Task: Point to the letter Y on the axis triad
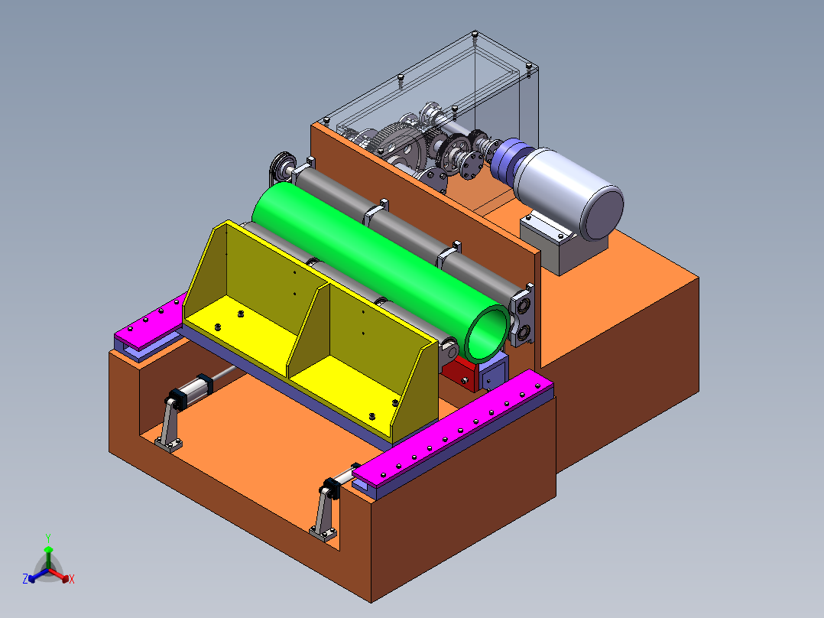[48, 538]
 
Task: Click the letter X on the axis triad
[72, 579]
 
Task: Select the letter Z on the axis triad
[25, 578]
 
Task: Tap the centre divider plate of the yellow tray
[308, 329]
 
